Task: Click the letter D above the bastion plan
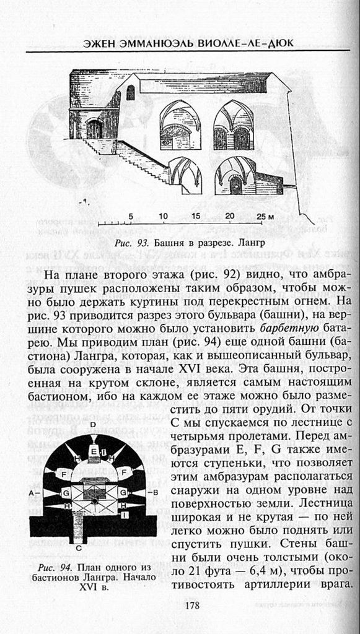(x=92, y=425)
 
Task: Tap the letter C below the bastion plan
(x=79, y=549)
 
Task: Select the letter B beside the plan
(x=154, y=493)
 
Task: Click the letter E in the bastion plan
(x=94, y=451)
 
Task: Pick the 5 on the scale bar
(x=131, y=216)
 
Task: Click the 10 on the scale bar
(x=163, y=216)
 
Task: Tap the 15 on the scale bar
(x=196, y=216)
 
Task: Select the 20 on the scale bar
(x=230, y=216)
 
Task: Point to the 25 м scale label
(x=265, y=217)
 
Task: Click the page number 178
(x=193, y=606)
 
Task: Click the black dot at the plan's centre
(x=94, y=502)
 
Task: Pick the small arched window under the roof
(x=130, y=93)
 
